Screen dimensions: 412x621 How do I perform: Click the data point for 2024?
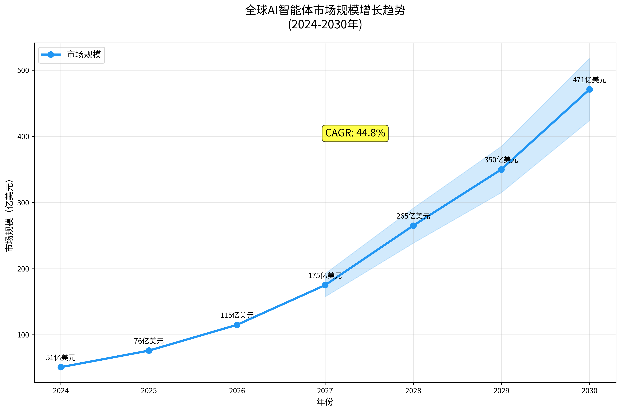click(x=61, y=367)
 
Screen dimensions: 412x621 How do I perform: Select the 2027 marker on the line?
click(x=325, y=285)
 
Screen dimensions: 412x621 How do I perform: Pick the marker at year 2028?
click(x=413, y=226)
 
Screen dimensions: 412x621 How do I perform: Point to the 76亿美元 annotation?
click(x=149, y=341)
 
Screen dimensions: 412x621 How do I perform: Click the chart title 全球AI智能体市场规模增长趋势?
click(x=325, y=10)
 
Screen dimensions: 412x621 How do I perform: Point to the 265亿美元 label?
click(x=413, y=216)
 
